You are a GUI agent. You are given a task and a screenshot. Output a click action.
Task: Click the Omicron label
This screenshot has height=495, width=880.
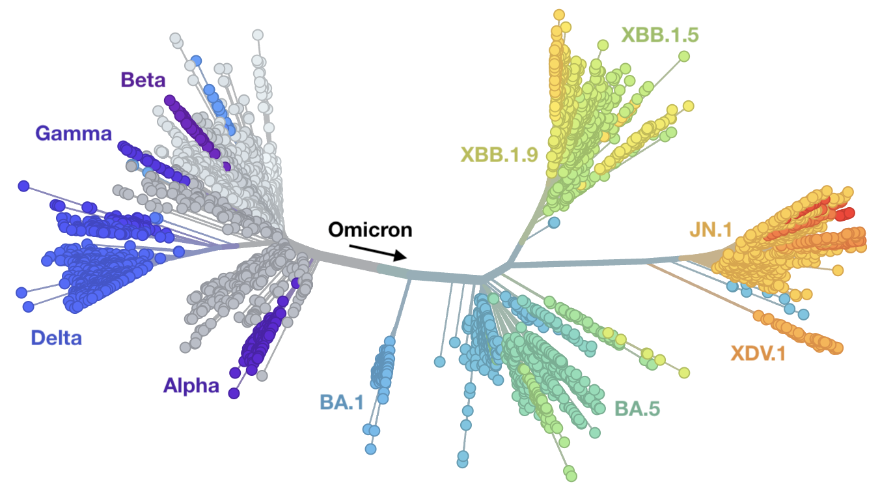(x=370, y=230)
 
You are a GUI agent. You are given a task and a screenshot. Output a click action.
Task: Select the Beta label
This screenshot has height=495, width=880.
(x=143, y=80)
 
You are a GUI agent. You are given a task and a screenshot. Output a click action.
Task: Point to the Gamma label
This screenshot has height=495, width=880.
(x=74, y=134)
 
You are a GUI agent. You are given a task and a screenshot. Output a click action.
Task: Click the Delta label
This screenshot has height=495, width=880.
(x=57, y=338)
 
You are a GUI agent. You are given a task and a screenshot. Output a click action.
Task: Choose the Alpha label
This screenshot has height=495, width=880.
(x=191, y=386)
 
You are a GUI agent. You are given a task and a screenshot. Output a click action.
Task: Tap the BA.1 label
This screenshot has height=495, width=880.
(x=341, y=402)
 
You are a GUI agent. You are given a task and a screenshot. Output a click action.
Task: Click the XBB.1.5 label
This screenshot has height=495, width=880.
(x=659, y=35)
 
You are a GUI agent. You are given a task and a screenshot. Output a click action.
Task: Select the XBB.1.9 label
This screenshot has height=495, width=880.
(x=499, y=154)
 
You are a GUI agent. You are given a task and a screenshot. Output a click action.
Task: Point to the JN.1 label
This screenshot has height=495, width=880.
(x=711, y=230)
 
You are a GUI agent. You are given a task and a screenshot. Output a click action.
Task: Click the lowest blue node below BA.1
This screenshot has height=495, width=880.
(x=370, y=449)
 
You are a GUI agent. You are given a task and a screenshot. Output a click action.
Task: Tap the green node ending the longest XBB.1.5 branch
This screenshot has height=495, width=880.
(x=684, y=56)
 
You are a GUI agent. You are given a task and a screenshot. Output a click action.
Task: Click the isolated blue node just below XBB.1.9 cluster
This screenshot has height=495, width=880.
(x=554, y=223)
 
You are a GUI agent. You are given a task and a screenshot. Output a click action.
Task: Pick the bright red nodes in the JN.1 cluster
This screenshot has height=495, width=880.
(x=844, y=215)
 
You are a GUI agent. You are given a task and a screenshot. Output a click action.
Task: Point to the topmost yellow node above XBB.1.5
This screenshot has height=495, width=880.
(x=558, y=14)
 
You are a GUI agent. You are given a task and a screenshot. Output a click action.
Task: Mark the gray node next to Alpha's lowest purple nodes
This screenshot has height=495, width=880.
(x=262, y=375)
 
